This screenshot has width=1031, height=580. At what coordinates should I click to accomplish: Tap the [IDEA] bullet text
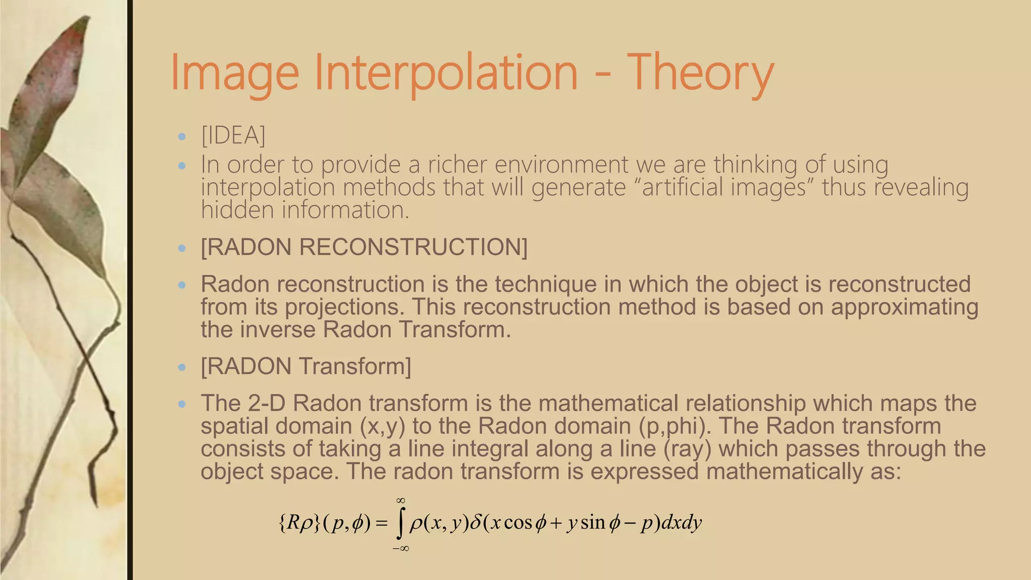[x=233, y=135]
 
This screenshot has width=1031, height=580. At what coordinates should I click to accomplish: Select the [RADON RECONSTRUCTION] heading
[x=364, y=247]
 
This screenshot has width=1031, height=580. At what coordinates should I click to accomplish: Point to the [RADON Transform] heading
[x=306, y=366]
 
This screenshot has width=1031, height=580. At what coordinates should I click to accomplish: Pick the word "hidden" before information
[x=238, y=210]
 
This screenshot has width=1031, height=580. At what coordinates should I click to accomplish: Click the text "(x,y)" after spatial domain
[x=383, y=426]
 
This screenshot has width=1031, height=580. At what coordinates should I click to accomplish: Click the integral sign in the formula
[x=400, y=524]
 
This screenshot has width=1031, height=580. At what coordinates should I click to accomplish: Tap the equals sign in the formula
[x=382, y=524]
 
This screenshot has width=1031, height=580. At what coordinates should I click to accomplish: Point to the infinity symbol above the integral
[x=401, y=500]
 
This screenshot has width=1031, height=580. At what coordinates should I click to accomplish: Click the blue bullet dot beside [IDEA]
[x=182, y=136]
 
